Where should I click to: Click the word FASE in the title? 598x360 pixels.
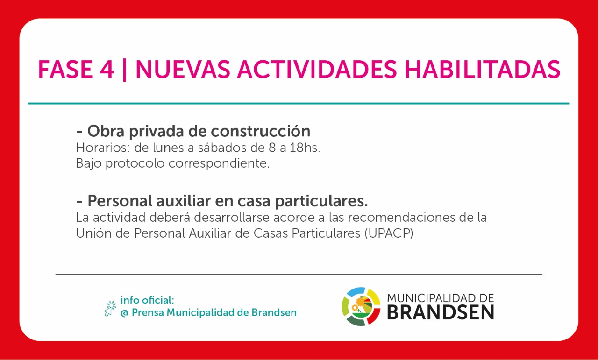(x=65, y=70)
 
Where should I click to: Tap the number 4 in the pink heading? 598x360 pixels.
(x=107, y=70)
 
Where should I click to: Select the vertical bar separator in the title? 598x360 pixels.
(x=124, y=71)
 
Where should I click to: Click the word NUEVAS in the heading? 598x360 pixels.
(x=183, y=70)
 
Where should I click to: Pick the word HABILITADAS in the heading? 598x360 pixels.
(x=482, y=70)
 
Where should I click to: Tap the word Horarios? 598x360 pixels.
(x=103, y=148)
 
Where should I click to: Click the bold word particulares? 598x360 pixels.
(x=321, y=201)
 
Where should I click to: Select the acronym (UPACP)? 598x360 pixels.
(x=389, y=233)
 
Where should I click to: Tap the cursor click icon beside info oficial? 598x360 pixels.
(x=110, y=309)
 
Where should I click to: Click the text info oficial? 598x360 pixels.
(x=147, y=300)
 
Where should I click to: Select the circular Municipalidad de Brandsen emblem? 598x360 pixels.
(x=361, y=306)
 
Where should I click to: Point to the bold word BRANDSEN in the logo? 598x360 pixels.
(x=441, y=312)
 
